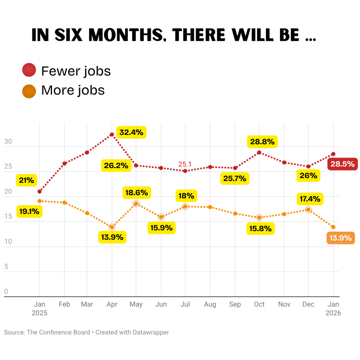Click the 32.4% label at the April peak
click(x=131, y=132)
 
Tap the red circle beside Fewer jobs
click(x=29, y=71)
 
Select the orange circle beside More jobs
click(x=29, y=90)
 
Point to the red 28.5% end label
click(x=342, y=164)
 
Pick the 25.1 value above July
click(x=185, y=164)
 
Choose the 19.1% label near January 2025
click(x=30, y=212)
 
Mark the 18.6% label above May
click(x=136, y=193)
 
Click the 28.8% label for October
click(x=262, y=142)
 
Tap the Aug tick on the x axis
click(x=210, y=304)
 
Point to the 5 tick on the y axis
click(x=6, y=267)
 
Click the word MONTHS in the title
click(x=124, y=35)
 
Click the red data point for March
click(x=87, y=152)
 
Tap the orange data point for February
click(x=64, y=202)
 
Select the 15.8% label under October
click(x=260, y=229)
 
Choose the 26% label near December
click(x=308, y=175)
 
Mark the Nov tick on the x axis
click(x=284, y=304)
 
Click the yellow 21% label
click(x=27, y=180)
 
